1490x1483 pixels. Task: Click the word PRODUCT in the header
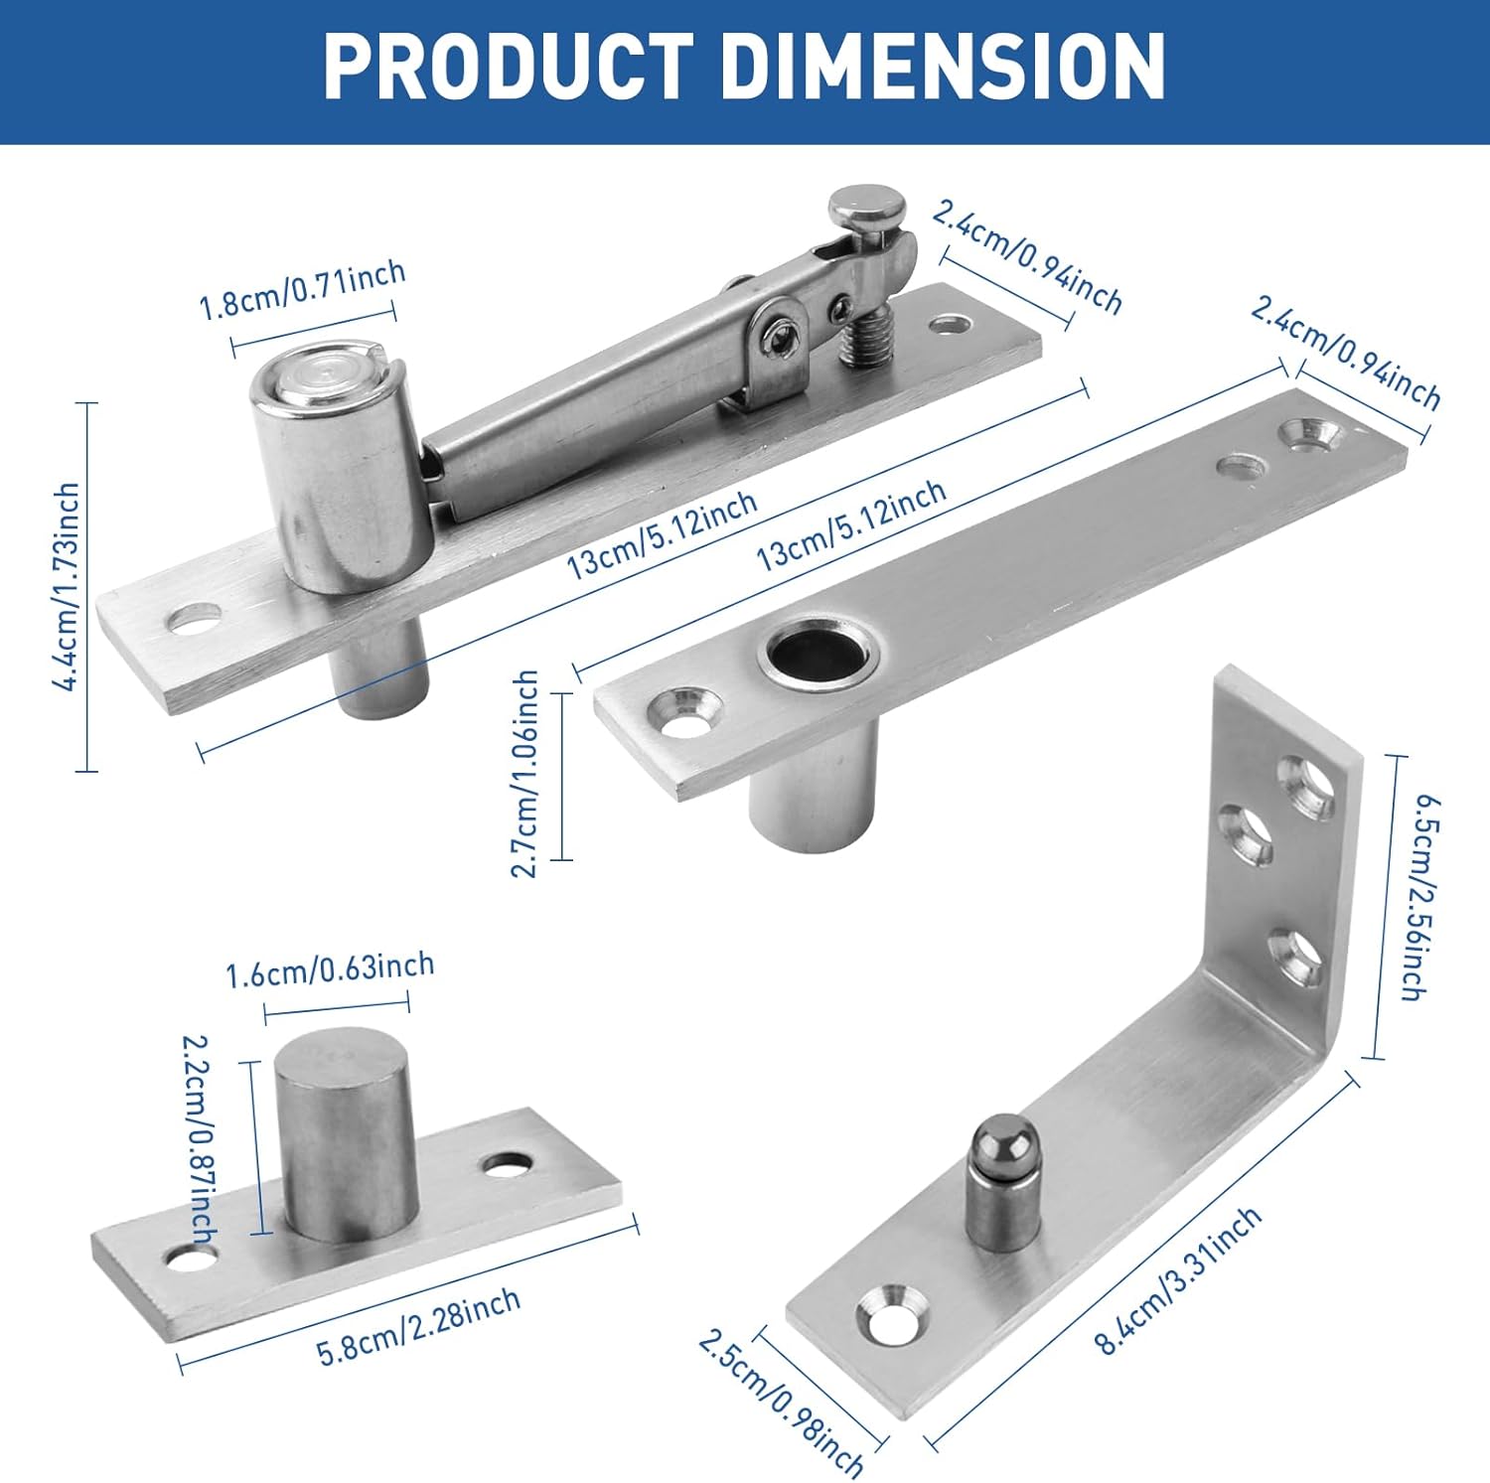point(508,67)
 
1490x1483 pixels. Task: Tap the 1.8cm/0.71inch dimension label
point(303,289)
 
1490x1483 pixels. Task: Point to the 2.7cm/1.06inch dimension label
point(525,775)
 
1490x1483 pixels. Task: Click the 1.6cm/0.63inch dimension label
point(330,969)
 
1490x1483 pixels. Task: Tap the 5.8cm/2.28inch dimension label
point(418,1327)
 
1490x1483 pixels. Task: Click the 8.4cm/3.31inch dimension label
point(1178,1281)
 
